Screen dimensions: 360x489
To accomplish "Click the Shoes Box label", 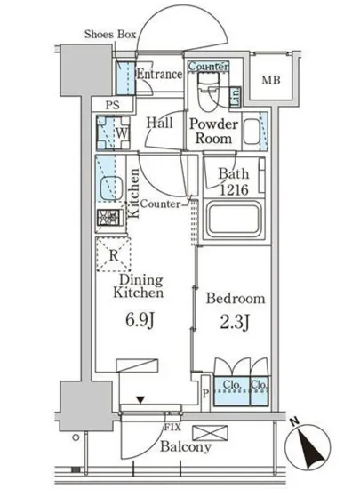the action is pos(110,34).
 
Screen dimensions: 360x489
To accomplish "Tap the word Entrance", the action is pos(159,74).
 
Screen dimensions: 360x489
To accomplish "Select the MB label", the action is pos(271,80).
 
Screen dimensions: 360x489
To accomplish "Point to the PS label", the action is pos(113,105).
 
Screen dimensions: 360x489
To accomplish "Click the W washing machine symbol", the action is pos(113,132).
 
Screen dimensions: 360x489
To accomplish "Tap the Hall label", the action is pos(160,123).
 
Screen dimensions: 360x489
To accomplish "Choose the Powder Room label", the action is pos(213,131).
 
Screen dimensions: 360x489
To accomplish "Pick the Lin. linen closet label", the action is pos(235,97).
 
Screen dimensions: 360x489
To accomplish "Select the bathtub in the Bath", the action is pos(234,220).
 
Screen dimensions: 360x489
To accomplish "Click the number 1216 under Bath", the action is pos(234,189).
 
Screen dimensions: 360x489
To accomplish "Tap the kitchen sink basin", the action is pos(111,188).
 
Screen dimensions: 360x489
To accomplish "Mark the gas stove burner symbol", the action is pos(108,217).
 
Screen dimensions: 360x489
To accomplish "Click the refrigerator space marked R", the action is pos(114,254).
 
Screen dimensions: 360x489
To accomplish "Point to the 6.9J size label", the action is pos(140,320).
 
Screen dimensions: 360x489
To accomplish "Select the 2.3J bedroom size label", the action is pos(235,322).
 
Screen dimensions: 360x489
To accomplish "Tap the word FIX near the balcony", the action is pos(172,427).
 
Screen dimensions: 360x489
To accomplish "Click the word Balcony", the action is pos(186,446).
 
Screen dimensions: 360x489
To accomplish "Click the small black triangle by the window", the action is pos(140,399).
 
